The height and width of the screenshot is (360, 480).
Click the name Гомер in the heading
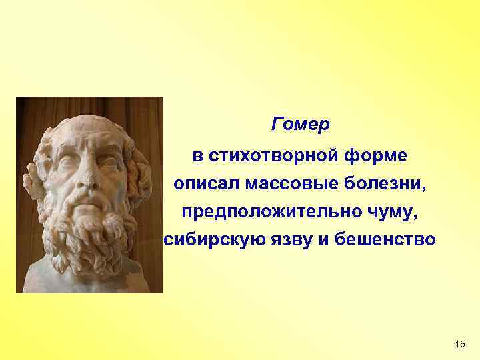[301, 125]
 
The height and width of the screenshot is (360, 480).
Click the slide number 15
[459, 343]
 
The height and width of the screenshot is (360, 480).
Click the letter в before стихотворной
[197, 156]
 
